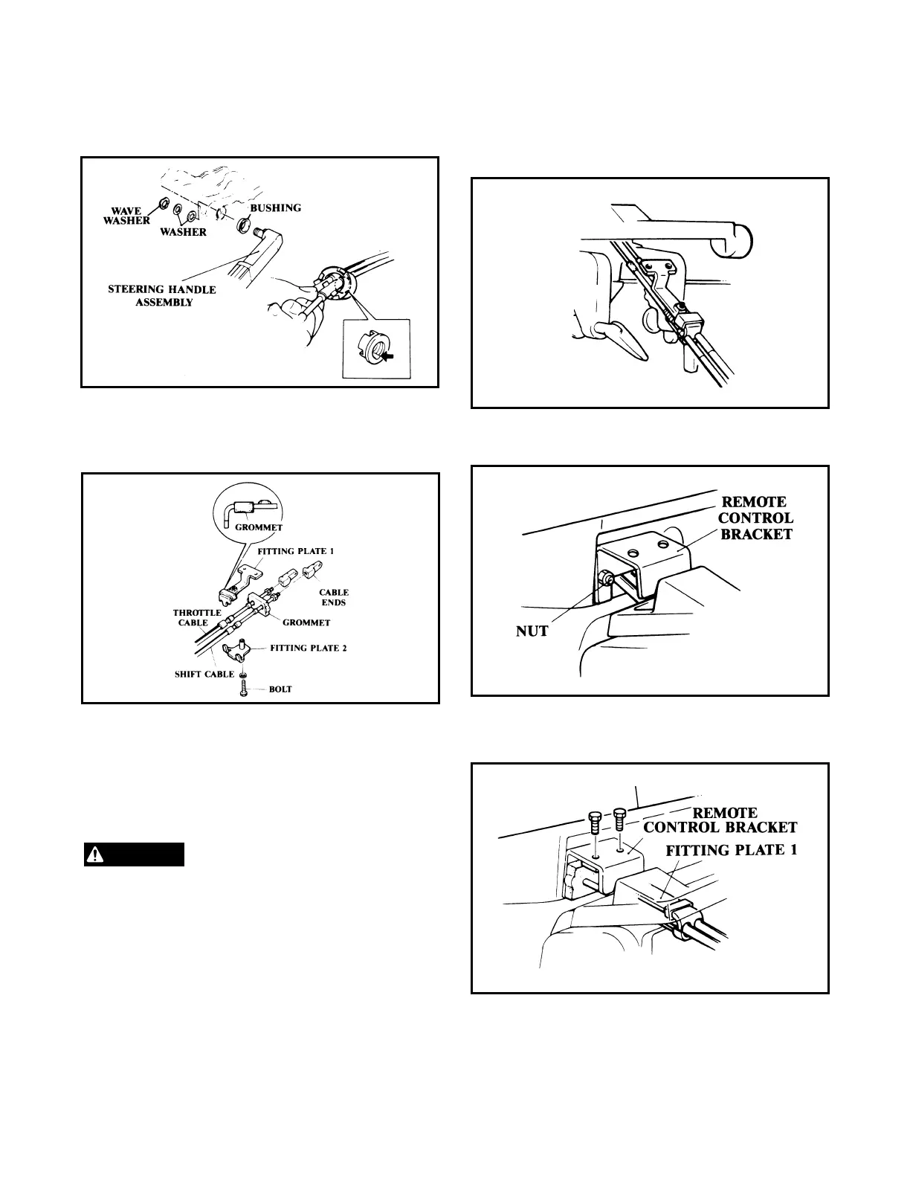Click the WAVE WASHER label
(126, 216)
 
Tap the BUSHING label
(276, 207)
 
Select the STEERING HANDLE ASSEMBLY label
(162, 295)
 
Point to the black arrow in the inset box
(385, 355)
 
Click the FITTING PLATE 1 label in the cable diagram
(291, 551)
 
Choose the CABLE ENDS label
(334, 598)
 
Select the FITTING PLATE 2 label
(309, 648)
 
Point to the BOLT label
(280, 689)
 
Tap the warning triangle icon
(94, 854)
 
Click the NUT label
(532, 631)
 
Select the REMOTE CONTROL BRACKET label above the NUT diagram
(755, 518)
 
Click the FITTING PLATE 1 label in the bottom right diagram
(731, 850)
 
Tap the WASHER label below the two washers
(184, 232)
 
